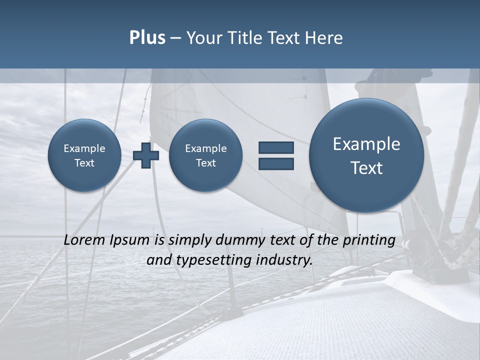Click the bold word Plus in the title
coord(147,38)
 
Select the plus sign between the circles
coord(146,155)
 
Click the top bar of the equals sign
coord(276,147)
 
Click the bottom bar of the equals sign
coord(276,163)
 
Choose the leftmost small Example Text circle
coord(84,155)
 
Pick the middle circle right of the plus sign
coord(205,155)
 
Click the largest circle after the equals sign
coord(366,155)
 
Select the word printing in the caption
coord(368,240)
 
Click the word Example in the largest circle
coord(366,144)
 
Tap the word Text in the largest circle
coord(366,168)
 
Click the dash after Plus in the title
coord(175,38)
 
